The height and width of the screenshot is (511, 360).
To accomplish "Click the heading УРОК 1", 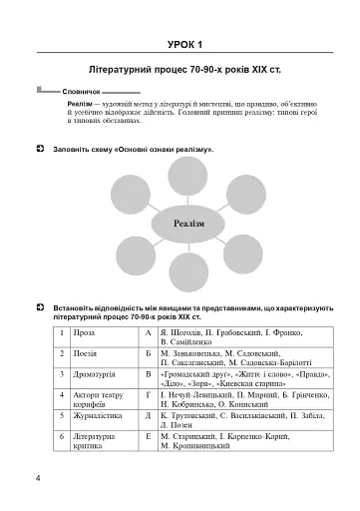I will click(185, 44).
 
